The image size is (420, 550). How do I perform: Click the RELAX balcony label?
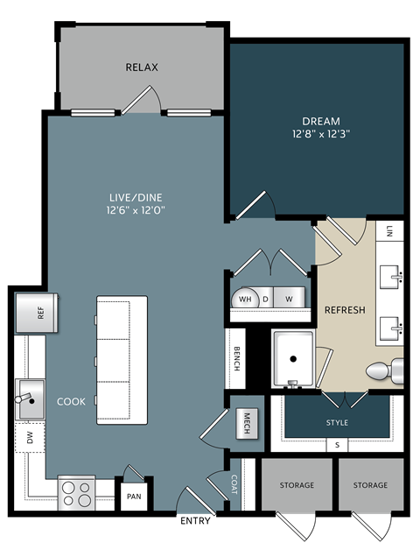click(x=141, y=67)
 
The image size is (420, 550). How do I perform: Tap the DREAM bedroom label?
click(x=322, y=121)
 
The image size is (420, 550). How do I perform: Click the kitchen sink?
click(x=30, y=400)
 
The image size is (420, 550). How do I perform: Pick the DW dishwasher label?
click(x=29, y=438)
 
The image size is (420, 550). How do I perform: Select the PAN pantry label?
click(x=134, y=497)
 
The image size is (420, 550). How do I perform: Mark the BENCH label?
click(x=237, y=360)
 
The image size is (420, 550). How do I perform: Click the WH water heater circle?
click(x=246, y=298)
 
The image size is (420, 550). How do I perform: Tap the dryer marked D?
click(x=266, y=298)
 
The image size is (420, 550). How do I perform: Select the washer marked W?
click(x=289, y=298)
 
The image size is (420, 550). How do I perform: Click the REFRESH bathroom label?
click(x=344, y=310)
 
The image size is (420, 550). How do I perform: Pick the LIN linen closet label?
click(x=389, y=230)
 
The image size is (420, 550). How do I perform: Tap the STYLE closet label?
click(x=337, y=422)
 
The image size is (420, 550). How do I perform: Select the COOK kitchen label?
click(x=71, y=401)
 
